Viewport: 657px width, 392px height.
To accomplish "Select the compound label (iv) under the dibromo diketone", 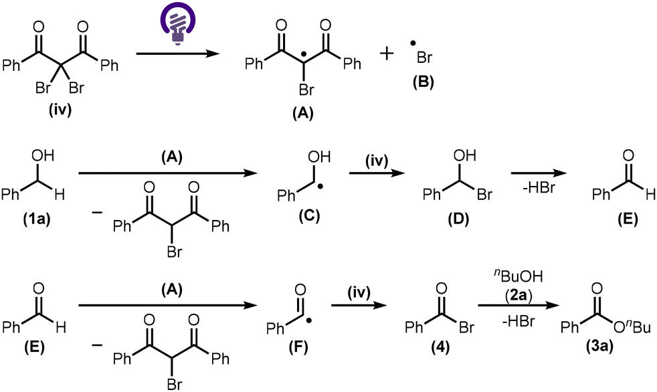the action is tap(60, 111).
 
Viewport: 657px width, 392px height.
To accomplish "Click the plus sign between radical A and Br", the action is tap(386, 54).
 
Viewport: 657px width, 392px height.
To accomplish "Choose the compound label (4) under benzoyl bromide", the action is tap(440, 347).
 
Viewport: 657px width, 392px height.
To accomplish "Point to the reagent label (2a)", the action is tap(519, 296).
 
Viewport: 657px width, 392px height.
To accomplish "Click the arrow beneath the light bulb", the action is tap(178, 54).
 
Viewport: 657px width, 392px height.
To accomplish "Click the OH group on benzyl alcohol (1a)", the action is tap(43, 157).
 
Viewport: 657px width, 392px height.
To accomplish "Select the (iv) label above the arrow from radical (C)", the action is tap(377, 161).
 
